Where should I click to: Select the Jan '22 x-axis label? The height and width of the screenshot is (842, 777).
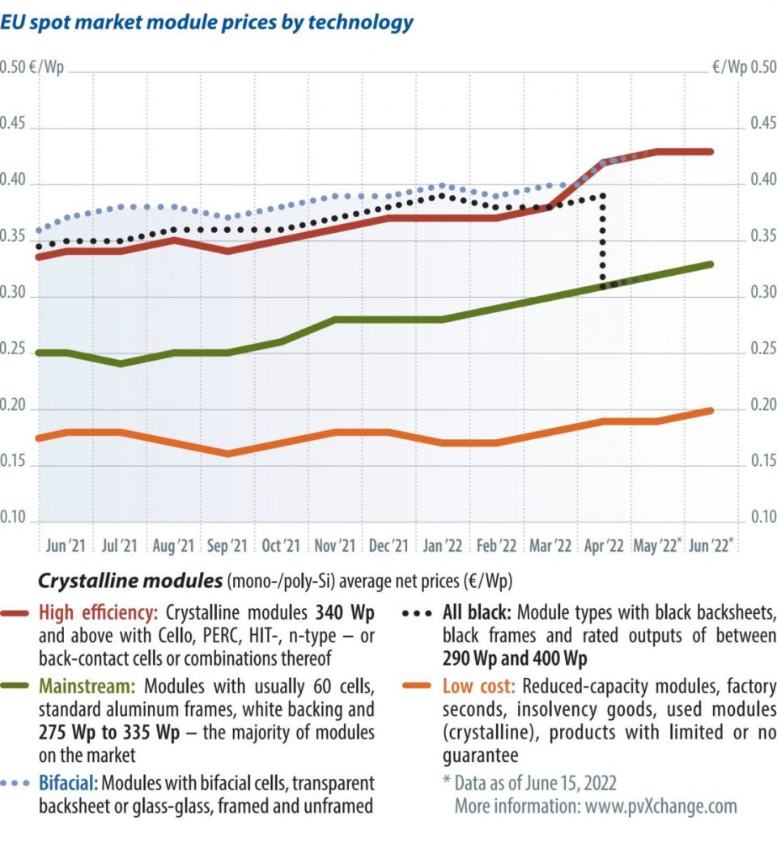(x=443, y=546)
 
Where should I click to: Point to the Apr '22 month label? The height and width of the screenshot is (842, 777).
(x=604, y=546)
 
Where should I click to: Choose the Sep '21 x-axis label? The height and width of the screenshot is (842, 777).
(x=227, y=546)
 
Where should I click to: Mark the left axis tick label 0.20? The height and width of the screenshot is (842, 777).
(x=13, y=406)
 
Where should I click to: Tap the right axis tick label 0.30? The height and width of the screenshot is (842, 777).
(x=763, y=294)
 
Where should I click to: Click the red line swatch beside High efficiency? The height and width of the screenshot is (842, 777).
(x=18, y=613)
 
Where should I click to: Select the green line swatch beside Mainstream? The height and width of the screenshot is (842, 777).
(x=18, y=687)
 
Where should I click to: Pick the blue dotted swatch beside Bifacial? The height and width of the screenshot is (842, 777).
(x=18, y=784)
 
